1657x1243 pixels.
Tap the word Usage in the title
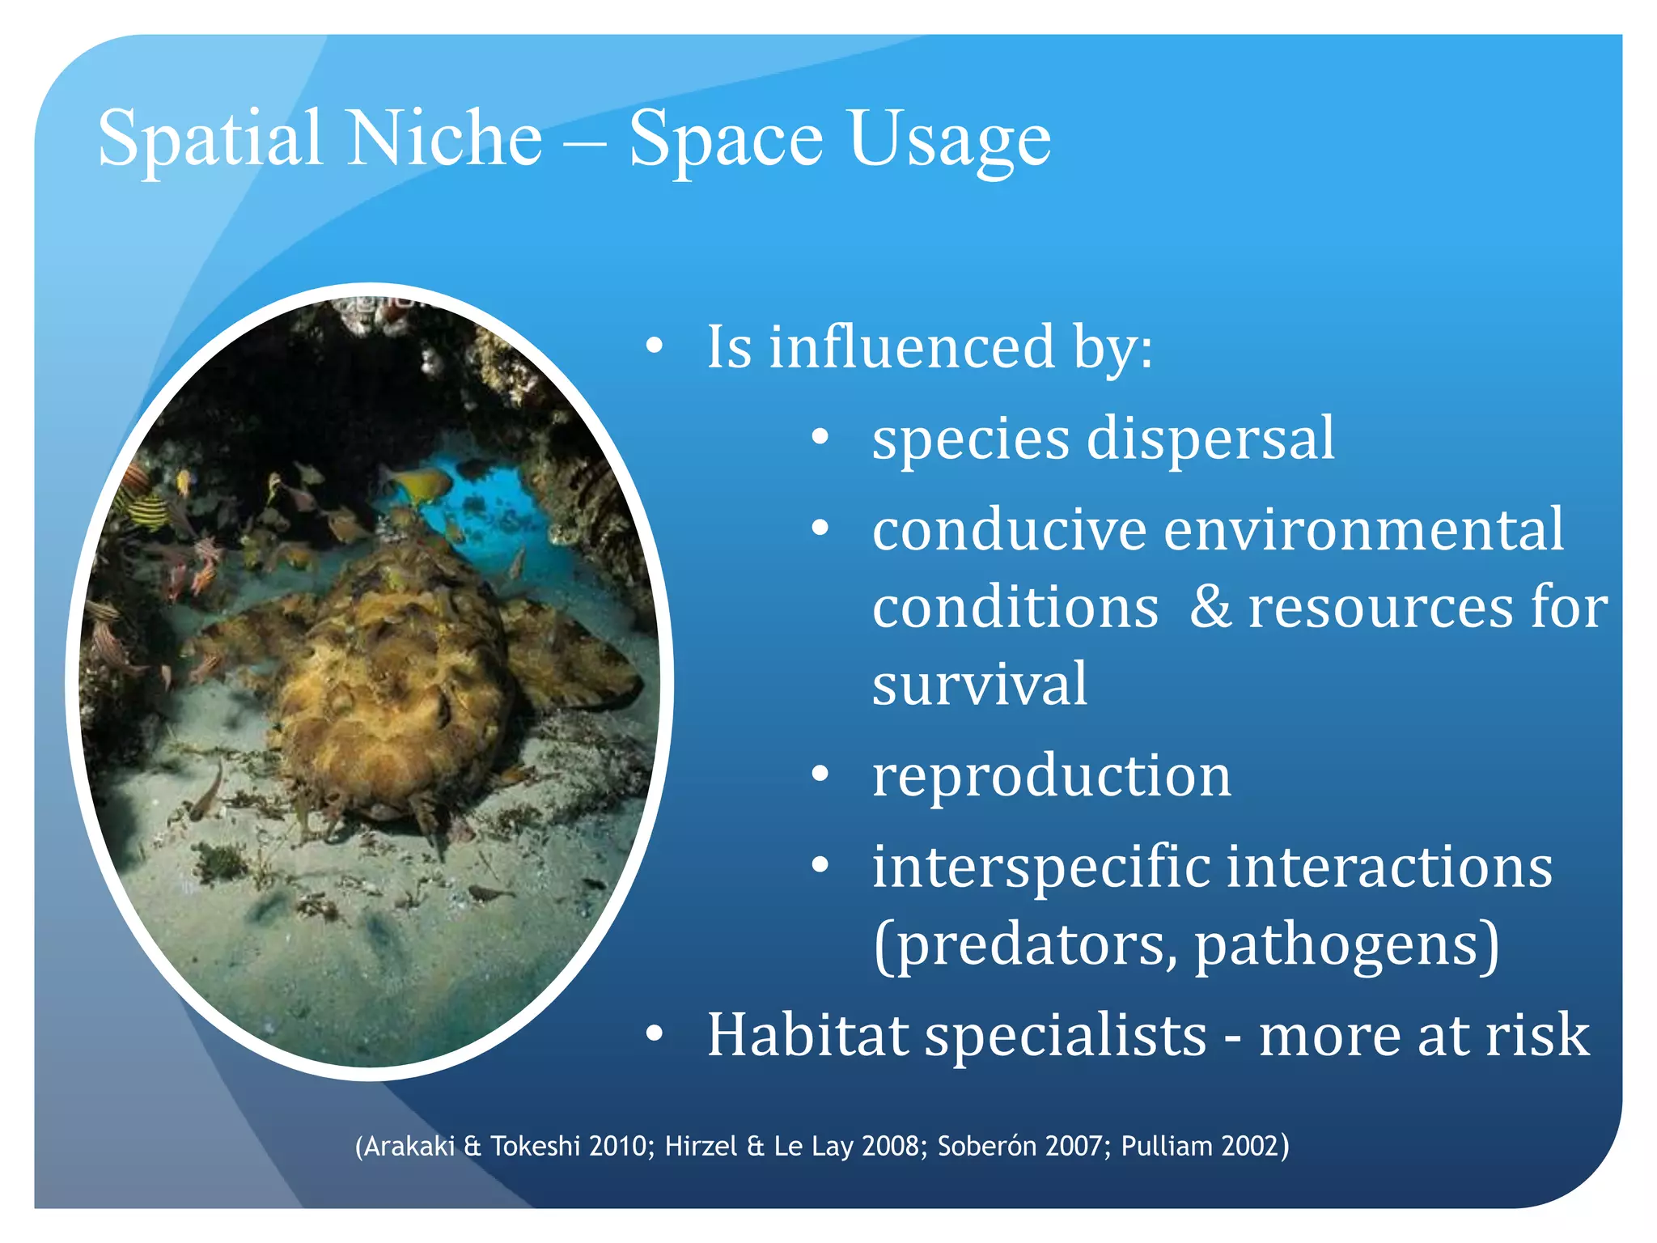(950, 139)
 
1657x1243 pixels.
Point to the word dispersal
(1210, 438)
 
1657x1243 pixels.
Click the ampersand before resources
(1210, 607)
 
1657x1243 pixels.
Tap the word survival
(980, 684)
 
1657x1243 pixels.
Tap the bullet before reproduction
(820, 775)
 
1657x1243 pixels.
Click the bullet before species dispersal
(820, 438)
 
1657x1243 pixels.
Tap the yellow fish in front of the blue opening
(422, 485)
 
